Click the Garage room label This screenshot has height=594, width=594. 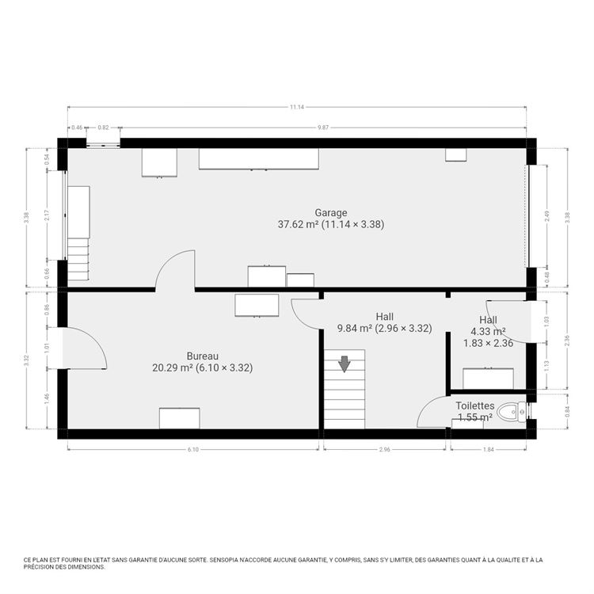(x=332, y=212)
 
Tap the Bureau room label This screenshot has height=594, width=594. (x=202, y=356)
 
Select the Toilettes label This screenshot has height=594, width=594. (x=475, y=406)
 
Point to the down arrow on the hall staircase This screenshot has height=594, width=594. (x=345, y=364)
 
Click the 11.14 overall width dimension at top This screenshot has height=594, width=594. (x=297, y=107)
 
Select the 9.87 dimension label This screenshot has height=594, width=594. (x=322, y=127)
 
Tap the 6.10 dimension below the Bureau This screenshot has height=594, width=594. (x=193, y=450)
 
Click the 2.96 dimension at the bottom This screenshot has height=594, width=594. (x=385, y=450)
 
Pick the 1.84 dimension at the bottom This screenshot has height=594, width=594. (x=488, y=450)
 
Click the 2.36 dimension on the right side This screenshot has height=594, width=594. (x=567, y=341)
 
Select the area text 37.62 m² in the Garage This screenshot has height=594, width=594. (x=299, y=225)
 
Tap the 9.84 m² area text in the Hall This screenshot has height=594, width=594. (x=354, y=328)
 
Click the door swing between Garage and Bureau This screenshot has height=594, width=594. (x=174, y=270)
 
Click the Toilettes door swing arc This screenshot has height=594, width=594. (x=433, y=412)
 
